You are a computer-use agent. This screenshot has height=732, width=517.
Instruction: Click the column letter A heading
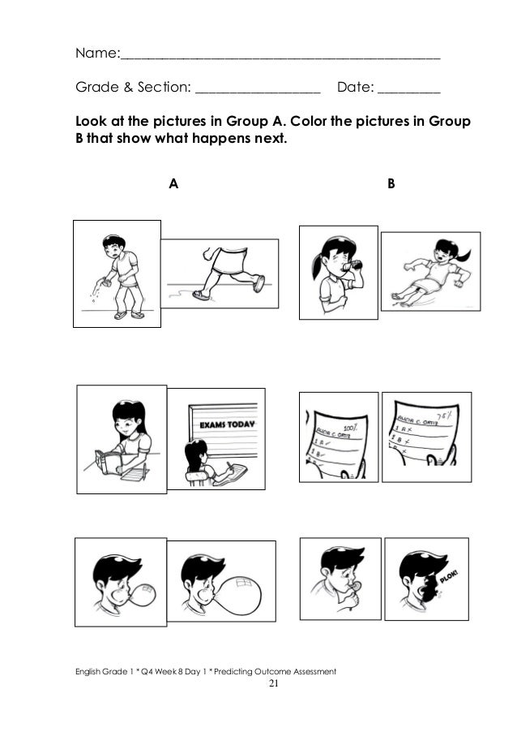coord(173,184)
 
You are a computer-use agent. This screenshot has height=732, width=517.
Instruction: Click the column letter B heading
coord(391,184)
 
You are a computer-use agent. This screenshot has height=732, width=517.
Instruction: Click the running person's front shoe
coord(258,282)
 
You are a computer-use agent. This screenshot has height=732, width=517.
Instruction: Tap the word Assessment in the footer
coord(308,671)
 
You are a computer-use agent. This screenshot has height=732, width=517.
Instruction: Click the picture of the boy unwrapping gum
coord(339,585)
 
